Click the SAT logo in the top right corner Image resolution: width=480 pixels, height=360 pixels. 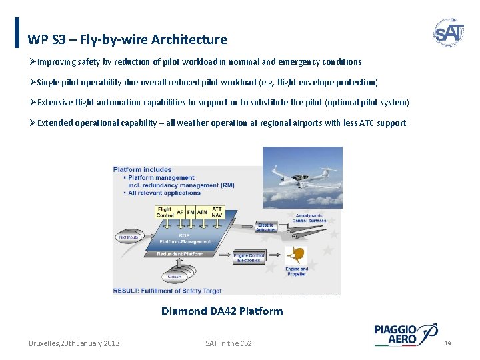[448, 32]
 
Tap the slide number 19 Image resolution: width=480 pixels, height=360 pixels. [447, 343]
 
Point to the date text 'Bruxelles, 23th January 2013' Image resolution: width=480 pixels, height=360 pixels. [74, 343]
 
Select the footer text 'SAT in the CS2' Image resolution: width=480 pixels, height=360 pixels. [229, 343]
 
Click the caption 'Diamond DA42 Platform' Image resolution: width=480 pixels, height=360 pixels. [222, 311]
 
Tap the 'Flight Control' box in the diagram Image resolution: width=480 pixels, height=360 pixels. [165, 212]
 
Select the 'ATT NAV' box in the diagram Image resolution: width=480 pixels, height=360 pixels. [217, 212]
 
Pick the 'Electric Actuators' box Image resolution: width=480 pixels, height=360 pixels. [266, 227]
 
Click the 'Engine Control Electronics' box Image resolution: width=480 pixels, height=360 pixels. [249, 258]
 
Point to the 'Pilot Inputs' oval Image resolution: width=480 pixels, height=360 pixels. [128, 237]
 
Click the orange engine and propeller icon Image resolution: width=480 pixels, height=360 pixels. [297, 255]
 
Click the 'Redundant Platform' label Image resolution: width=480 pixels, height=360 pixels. [179, 254]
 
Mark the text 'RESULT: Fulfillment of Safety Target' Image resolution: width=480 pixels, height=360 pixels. [167, 291]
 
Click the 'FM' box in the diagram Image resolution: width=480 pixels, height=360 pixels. [191, 212]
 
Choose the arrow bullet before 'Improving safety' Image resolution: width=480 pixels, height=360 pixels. [33, 62]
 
